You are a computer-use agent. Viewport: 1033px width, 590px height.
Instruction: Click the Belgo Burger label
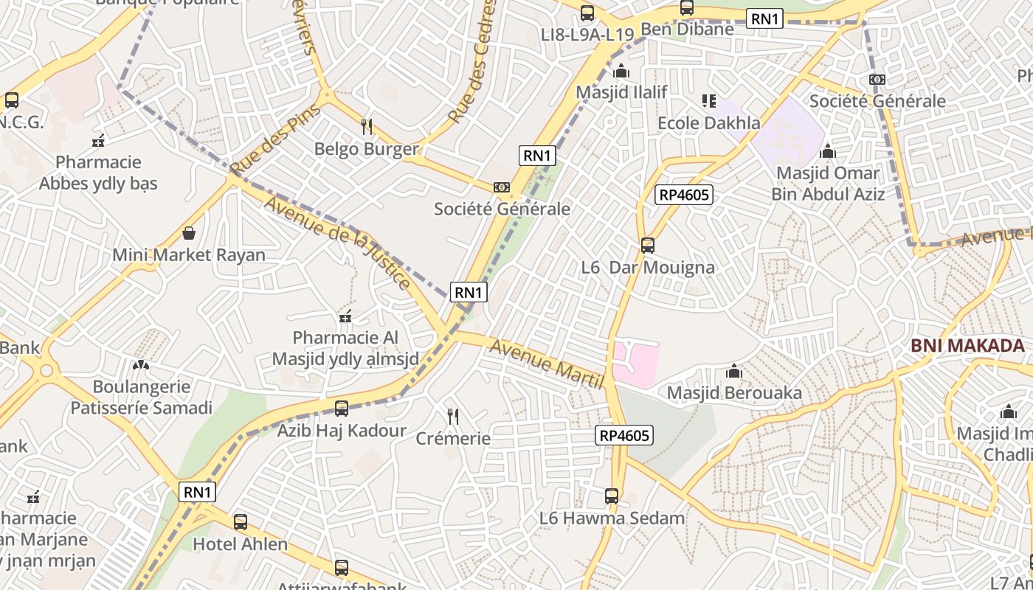click(x=366, y=149)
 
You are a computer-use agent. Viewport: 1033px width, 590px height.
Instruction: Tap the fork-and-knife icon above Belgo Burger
click(x=366, y=126)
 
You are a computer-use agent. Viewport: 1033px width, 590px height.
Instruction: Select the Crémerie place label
click(x=453, y=438)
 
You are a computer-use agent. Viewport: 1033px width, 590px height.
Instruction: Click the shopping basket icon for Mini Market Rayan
click(x=189, y=234)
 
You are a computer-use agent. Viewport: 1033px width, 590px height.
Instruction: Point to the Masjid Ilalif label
click(x=621, y=92)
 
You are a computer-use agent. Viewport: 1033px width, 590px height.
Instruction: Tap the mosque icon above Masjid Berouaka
click(x=734, y=370)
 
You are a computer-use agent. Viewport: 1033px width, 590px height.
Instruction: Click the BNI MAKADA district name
click(x=967, y=345)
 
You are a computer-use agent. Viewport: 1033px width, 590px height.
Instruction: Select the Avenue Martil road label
click(x=547, y=364)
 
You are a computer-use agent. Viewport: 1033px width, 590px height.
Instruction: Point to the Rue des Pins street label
click(x=275, y=139)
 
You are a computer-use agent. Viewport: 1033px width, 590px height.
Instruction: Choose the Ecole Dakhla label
click(x=708, y=122)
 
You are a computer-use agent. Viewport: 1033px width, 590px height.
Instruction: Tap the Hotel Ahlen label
click(x=240, y=544)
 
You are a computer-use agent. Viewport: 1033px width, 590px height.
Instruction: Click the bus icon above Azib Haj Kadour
click(x=341, y=408)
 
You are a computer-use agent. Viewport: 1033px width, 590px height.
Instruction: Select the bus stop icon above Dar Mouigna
click(x=648, y=245)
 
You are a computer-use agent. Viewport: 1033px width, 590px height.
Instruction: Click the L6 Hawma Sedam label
click(x=612, y=518)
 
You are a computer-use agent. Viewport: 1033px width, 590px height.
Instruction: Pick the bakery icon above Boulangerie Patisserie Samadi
click(x=140, y=364)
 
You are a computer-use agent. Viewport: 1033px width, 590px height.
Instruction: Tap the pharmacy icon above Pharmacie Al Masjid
click(x=345, y=317)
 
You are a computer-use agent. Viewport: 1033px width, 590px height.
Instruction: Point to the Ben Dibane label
click(x=687, y=29)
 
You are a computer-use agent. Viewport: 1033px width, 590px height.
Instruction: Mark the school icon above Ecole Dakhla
click(x=708, y=100)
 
